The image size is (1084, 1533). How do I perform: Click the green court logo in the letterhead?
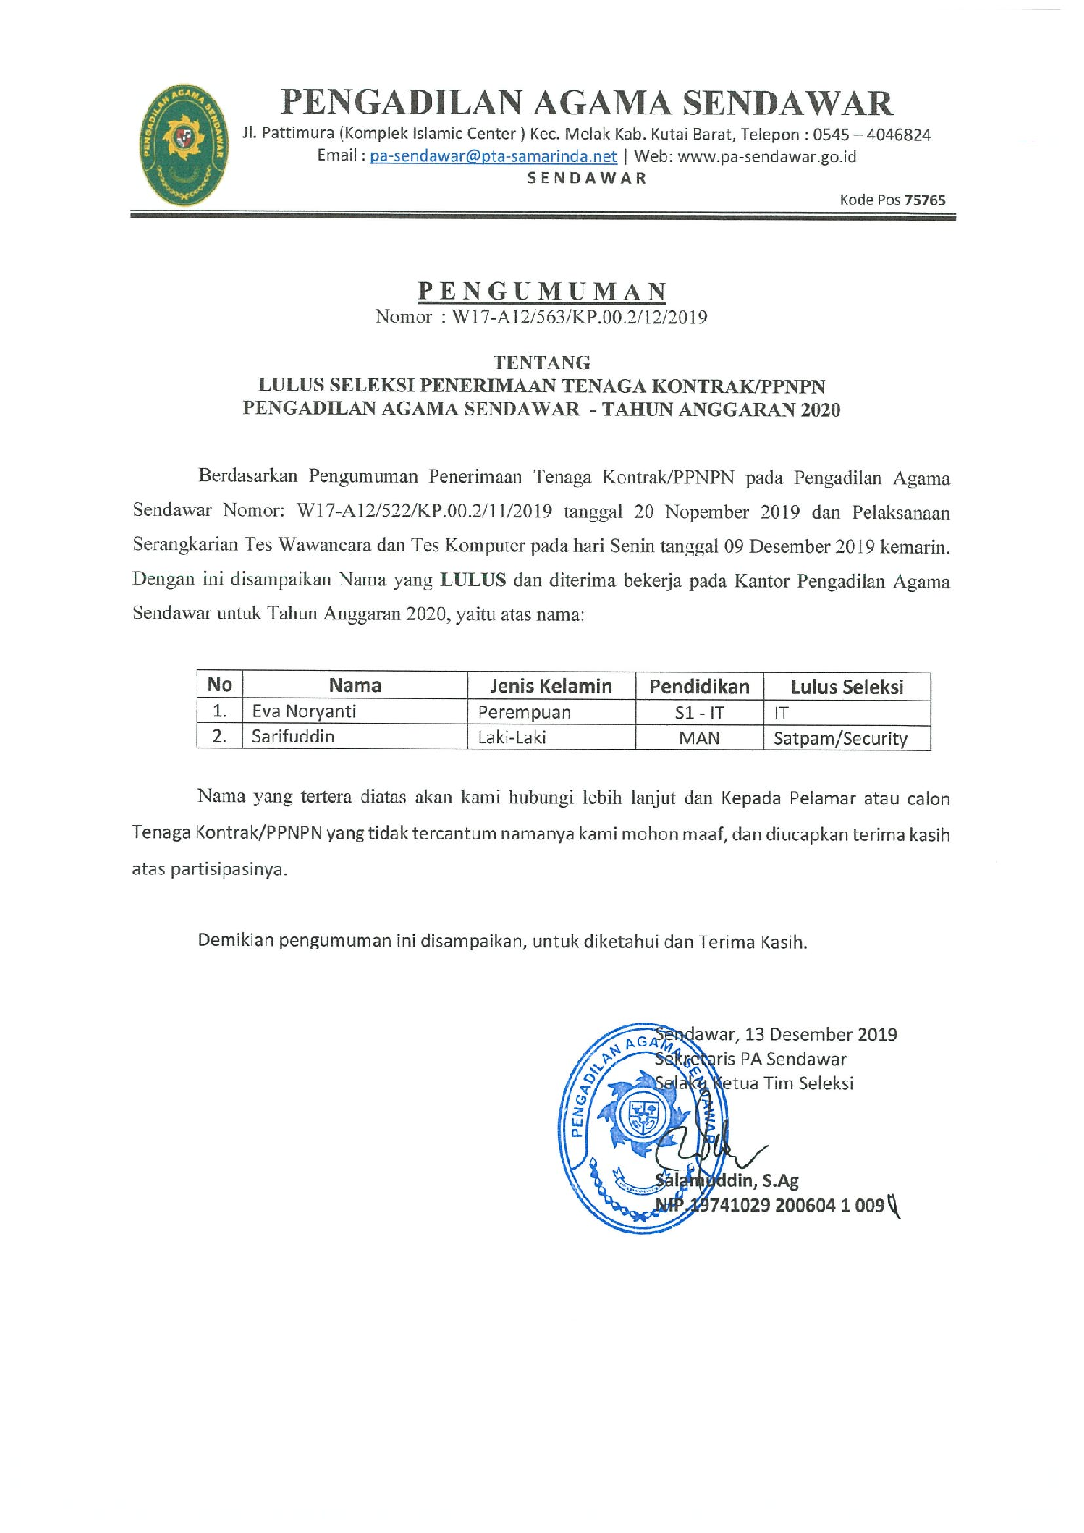pos(183,145)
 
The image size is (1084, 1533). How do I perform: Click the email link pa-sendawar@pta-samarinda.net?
pos(493,156)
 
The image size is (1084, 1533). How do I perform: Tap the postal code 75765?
pos(924,200)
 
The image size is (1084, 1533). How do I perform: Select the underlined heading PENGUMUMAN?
pos(542,291)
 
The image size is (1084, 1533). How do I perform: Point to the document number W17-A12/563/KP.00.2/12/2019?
pos(579,317)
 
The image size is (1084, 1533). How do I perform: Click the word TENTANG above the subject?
pos(542,363)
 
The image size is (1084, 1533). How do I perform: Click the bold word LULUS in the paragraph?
pos(473,580)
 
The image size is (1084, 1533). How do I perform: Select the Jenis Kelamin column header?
pos(550,686)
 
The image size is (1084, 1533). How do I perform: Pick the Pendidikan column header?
pos(699,686)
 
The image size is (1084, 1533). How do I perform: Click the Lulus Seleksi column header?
pos(846,687)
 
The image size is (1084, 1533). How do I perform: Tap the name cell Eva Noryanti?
pos(304,711)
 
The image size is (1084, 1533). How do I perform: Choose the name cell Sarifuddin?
pos(293,736)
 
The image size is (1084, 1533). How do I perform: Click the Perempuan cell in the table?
pos(524,712)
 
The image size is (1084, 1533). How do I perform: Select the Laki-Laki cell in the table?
pos(512,737)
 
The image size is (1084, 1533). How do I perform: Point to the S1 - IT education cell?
pos(699,712)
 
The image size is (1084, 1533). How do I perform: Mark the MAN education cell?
pos(699,738)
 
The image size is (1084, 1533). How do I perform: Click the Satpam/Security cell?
pos(840,738)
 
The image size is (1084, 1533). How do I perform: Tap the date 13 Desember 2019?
pos(821,1035)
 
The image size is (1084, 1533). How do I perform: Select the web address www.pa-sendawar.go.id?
pos(766,156)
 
